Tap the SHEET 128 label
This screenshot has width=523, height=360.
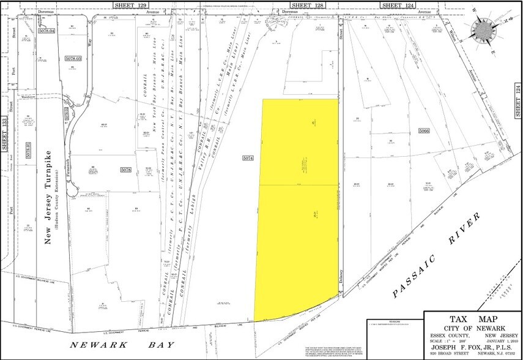click(303, 4)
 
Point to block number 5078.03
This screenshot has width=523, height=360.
click(73, 58)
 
